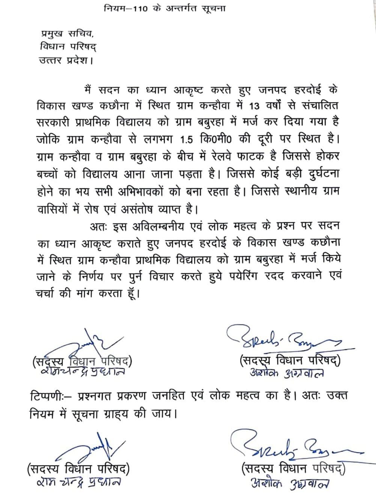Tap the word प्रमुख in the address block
pyautogui.click(x=52, y=34)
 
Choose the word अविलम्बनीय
pyautogui.click(x=159, y=226)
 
